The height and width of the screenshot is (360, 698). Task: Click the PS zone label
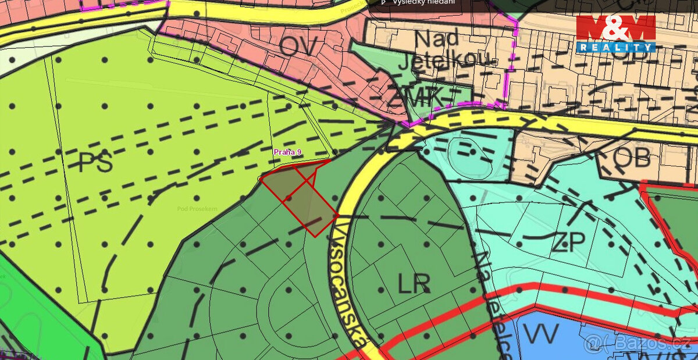(95, 162)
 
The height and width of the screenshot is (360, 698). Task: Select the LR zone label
(414, 284)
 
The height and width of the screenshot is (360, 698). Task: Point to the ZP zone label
(567, 242)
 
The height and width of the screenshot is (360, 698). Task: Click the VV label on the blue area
(540, 334)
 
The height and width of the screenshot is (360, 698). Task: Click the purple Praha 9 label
(287, 152)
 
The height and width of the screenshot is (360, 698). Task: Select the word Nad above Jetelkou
(436, 39)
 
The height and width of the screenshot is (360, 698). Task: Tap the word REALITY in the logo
(616, 47)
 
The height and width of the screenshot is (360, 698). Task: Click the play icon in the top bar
(384, 2)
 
